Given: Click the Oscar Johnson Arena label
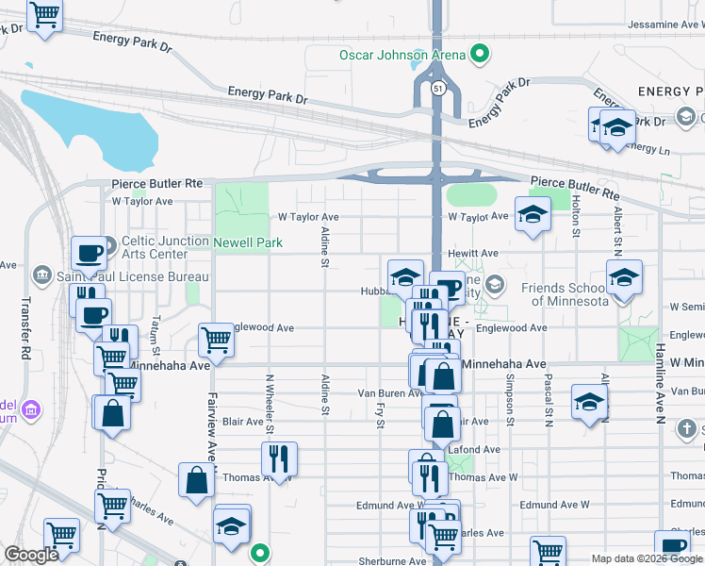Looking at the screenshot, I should click(x=402, y=54).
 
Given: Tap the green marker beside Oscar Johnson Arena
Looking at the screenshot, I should click(x=480, y=54).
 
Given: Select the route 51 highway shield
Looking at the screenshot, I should click(x=439, y=88).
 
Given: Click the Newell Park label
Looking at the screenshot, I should click(x=248, y=242).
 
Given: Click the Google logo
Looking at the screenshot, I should click(x=32, y=555).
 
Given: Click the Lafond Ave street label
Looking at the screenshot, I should click(x=481, y=450).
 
